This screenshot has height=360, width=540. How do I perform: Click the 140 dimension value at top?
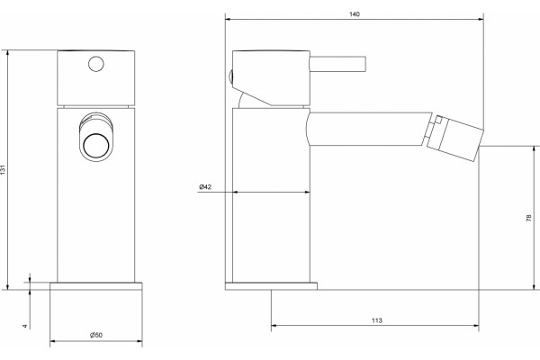click(355, 14)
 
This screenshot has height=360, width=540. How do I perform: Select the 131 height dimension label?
click(3, 169)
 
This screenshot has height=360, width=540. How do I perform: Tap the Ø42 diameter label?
click(205, 187)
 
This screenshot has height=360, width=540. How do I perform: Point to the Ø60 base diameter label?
click(96, 335)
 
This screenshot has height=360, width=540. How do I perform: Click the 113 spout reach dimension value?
click(377, 320)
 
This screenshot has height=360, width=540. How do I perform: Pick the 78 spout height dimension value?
click(529, 218)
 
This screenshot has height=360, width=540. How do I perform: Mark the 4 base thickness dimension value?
click(25, 326)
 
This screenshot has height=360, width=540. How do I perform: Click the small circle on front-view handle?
click(96, 64)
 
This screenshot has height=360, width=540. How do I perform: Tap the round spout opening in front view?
click(96, 146)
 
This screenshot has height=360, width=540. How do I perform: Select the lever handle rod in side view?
click(337, 64)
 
